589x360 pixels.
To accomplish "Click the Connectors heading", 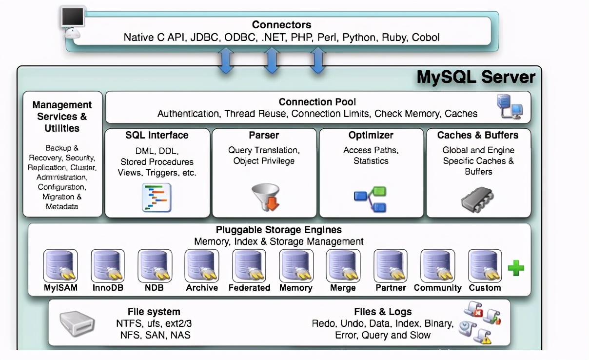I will click(x=281, y=25).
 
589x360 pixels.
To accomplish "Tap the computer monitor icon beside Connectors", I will click(x=74, y=20).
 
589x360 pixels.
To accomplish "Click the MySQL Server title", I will click(x=476, y=78).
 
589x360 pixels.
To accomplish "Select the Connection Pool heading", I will click(x=317, y=102).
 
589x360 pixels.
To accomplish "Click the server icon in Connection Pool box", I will click(x=509, y=107).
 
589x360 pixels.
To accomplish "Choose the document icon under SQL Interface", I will click(x=157, y=198).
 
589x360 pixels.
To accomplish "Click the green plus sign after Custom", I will click(x=516, y=268).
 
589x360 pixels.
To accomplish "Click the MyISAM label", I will click(x=60, y=288).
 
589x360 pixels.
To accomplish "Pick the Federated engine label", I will click(x=249, y=288).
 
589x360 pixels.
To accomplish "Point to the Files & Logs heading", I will click(x=383, y=312).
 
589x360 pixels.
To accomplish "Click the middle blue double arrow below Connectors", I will click(x=271, y=61).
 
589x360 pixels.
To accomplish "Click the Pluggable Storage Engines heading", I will click(x=278, y=230).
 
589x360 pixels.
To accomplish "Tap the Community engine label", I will click(x=437, y=288).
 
